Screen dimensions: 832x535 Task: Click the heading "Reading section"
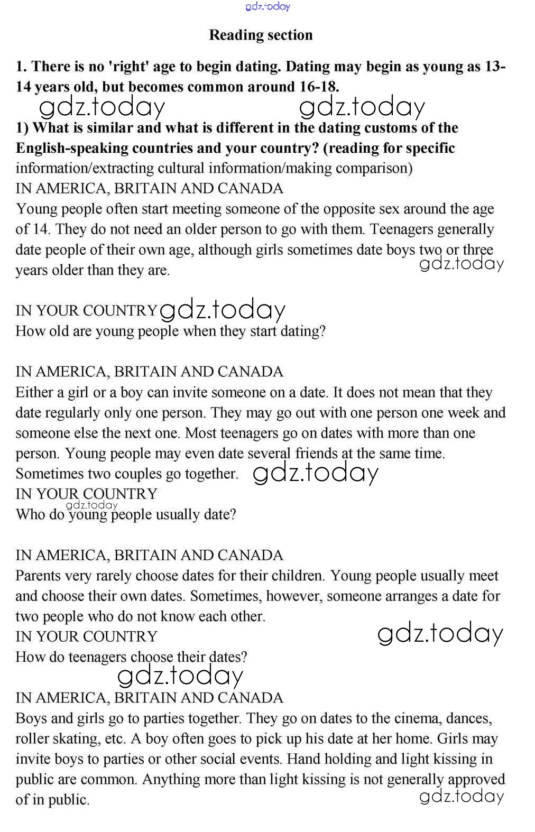[261, 35]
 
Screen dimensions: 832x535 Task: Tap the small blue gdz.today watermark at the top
[268, 6]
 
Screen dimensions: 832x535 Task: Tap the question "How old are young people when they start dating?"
[170, 331]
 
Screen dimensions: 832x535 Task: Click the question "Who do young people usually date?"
[126, 514]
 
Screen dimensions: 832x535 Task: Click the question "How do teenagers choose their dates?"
[131, 657]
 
